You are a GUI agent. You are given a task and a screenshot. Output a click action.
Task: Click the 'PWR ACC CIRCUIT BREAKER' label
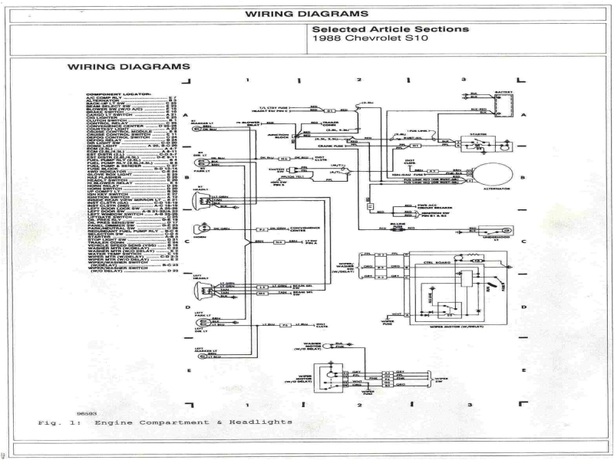[407, 208]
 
